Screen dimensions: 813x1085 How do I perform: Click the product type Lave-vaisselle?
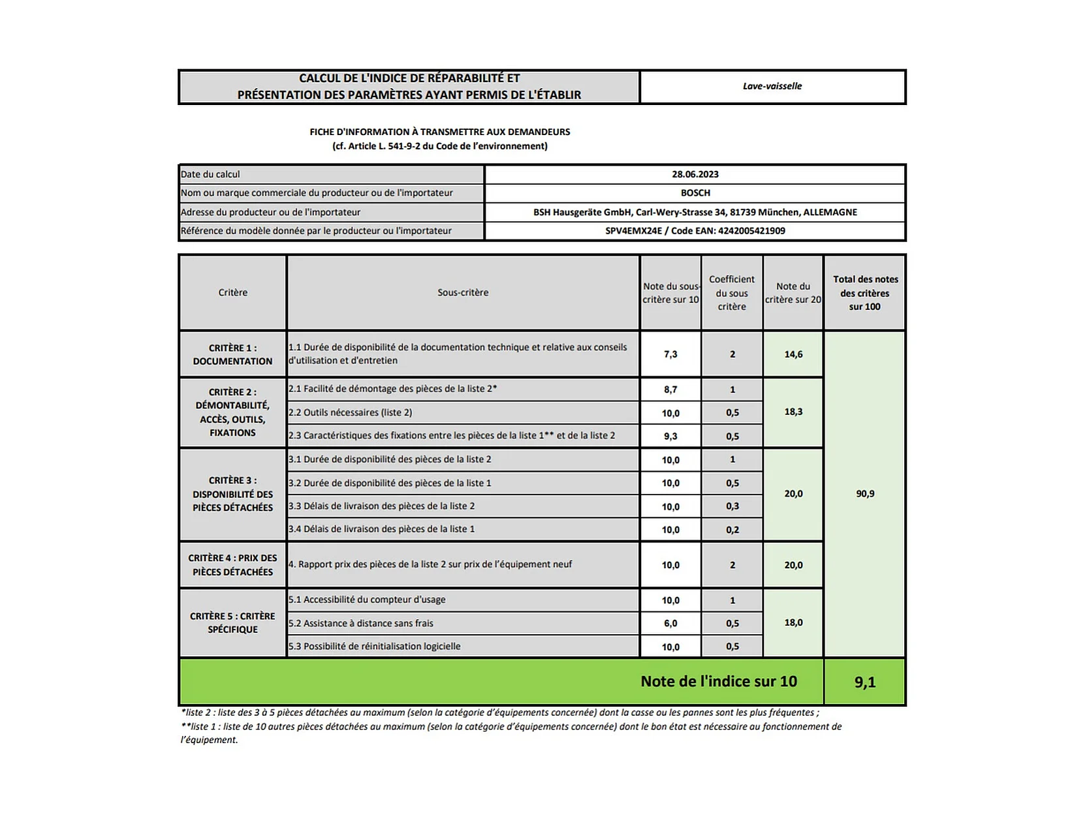(x=772, y=86)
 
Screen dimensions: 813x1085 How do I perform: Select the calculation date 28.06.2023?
(x=695, y=174)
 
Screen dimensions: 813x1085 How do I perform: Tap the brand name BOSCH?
(x=695, y=193)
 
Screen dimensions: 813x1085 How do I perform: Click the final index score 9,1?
(x=864, y=682)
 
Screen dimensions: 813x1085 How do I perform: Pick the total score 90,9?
(x=864, y=494)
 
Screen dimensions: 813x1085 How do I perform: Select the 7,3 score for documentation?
(x=670, y=354)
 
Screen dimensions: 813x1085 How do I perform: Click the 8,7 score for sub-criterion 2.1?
(x=670, y=390)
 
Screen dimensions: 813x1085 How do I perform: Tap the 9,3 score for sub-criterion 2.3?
(x=670, y=436)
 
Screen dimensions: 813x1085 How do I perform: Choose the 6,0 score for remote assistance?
(x=670, y=623)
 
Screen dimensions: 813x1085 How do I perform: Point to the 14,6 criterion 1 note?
(x=793, y=354)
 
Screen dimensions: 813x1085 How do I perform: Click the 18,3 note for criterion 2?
(x=793, y=412)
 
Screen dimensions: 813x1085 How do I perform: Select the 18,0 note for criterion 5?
(x=793, y=622)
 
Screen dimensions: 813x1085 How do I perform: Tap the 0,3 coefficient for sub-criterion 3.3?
(x=732, y=506)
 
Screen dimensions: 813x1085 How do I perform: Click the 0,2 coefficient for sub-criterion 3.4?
(x=732, y=530)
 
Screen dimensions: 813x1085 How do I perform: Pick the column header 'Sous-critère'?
(x=463, y=292)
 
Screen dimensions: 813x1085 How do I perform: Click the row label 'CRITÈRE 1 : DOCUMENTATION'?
(x=232, y=354)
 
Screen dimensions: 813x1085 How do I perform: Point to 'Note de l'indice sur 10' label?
(x=718, y=681)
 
